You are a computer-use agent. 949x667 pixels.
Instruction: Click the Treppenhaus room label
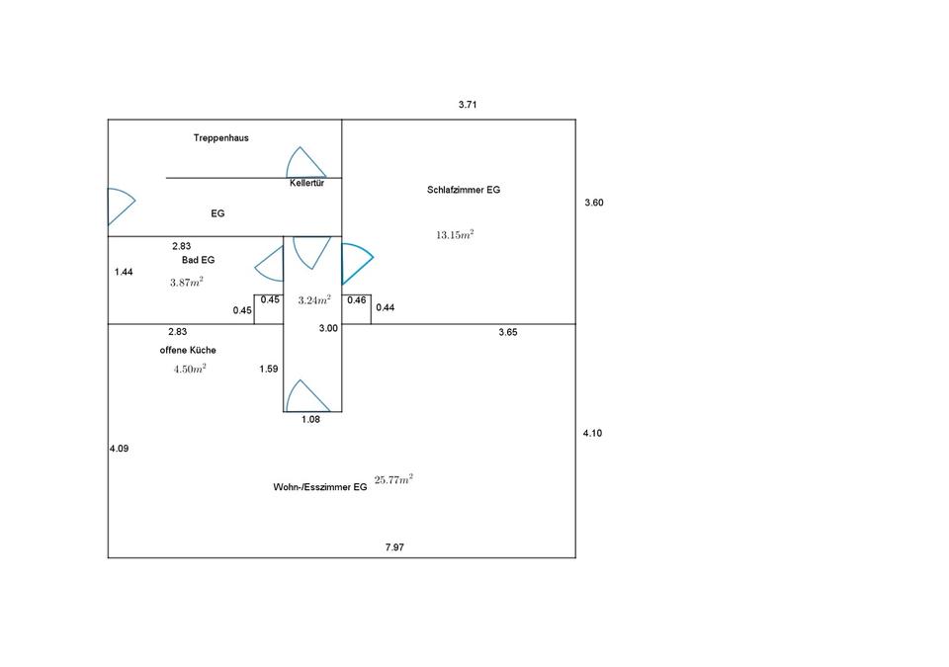click(220, 138)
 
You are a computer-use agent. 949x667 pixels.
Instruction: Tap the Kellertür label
click(307, 184)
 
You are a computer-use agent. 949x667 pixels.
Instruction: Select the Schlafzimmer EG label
click(464, 190)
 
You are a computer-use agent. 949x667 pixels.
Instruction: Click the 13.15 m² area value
click(455, 235)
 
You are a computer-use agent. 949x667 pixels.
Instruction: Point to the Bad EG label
click(198, 260)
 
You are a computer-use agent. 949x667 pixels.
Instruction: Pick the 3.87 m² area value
click(187, 282)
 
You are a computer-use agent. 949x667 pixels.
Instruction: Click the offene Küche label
click(188, 351)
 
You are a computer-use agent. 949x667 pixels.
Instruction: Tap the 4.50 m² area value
click(190, 369)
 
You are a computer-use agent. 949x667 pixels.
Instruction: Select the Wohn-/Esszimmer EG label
click(320, 487)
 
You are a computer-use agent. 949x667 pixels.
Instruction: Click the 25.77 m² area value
click(393, 480)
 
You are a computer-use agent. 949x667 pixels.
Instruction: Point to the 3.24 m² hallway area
click(314, 299)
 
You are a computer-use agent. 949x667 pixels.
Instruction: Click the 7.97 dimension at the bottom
click(394, 546)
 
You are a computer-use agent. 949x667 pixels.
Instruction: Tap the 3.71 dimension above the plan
click(469, 104)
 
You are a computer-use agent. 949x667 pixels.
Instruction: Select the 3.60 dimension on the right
click(593, 203)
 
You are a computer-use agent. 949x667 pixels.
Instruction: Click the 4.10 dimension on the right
click(593, 433)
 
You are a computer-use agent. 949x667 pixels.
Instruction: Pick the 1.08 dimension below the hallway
click(311, 419)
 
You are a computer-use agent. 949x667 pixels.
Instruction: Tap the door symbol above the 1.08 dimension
click(307, 396)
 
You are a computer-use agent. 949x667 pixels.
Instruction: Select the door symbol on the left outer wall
click(120, 206)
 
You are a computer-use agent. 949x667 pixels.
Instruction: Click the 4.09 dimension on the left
click(120, 449)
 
